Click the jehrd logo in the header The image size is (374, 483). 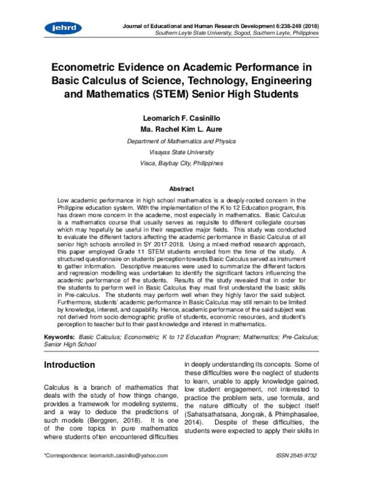tap(59, 27)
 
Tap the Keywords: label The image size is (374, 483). tap(60, 336)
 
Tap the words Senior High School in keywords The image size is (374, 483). tap(70, 344)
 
